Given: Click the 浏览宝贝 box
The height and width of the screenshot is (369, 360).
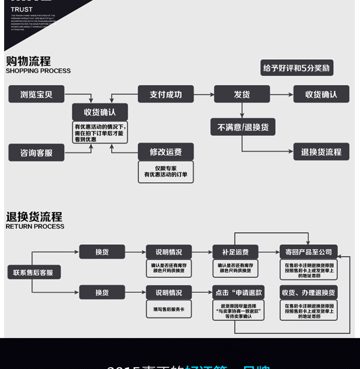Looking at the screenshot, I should (36, 94).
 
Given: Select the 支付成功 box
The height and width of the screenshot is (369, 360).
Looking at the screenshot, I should (165, 94).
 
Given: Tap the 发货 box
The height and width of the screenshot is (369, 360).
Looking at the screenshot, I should (242, 94).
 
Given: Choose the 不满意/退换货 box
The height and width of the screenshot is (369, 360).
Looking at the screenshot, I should (243, 127).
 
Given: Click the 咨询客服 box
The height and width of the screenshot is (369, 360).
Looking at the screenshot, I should (36, 153).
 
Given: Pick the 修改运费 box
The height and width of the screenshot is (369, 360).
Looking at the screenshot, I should (165, 152).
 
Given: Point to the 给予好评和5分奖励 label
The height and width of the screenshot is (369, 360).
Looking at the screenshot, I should (297, 68).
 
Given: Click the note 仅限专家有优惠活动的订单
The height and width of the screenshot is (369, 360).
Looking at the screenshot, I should (165, 172).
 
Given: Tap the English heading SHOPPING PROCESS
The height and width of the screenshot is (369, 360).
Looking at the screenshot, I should (38, 71).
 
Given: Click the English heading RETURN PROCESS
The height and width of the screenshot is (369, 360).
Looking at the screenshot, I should (35, 226).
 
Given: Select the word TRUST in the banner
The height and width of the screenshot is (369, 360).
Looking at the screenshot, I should (22, 9).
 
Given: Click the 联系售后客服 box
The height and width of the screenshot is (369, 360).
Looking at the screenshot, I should (34, 273).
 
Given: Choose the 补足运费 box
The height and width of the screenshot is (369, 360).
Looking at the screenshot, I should (235, 252).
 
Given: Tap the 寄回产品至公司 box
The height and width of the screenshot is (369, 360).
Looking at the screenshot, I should (309, 252).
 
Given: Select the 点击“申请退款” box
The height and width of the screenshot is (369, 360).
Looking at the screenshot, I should (238, 292).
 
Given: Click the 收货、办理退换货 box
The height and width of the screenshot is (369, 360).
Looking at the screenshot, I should (309, 292).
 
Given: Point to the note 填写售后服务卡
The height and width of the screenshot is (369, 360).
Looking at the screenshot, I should (169, 309).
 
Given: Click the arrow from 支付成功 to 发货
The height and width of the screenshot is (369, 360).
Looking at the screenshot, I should (204, 94).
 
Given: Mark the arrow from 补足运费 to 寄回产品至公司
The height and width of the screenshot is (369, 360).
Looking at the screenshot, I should (268, 252).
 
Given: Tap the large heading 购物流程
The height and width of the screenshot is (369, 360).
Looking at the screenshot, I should (28, 61).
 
